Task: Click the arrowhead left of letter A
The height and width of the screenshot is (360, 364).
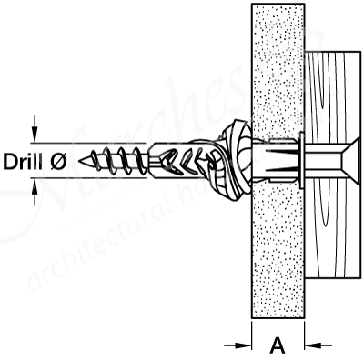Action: click(243, 345)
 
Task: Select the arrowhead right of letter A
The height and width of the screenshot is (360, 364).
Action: click(314, 345)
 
